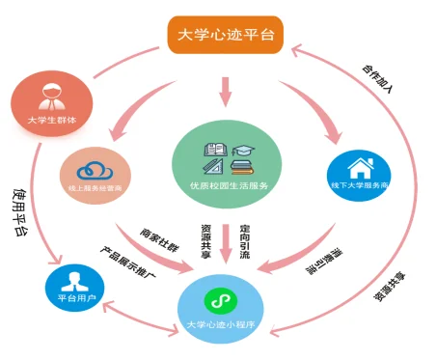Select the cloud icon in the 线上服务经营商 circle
pos(94,164)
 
